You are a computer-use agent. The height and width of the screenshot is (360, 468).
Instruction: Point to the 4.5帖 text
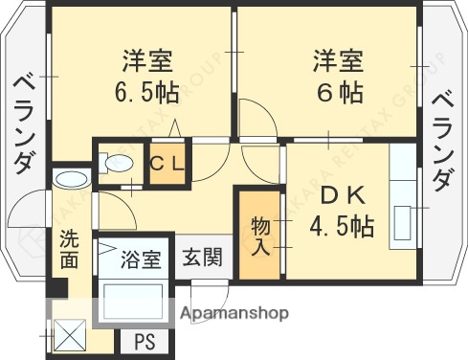342,227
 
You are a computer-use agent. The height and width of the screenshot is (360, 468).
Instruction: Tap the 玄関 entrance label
202,257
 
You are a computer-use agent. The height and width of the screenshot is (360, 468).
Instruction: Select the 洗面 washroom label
70,247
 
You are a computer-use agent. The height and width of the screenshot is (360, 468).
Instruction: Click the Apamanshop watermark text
243,312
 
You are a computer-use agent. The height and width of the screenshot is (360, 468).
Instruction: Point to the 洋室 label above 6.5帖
146,61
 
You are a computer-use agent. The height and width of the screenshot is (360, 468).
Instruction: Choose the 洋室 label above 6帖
337,61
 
